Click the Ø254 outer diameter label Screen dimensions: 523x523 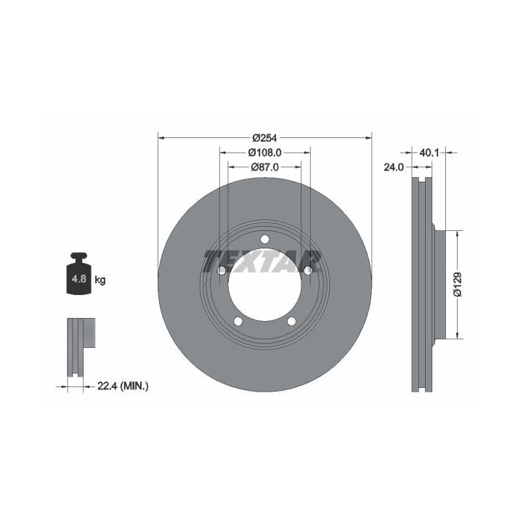(265, 137)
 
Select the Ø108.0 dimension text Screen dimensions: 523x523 (265, 153)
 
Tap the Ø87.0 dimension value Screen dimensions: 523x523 (265, 167)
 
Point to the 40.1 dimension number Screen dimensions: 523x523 (429, 153)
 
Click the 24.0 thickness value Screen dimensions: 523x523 (394, 167)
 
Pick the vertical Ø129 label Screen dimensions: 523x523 (458, 284)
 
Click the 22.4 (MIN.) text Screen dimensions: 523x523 (123, 386)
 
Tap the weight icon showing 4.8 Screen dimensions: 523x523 (78, 274)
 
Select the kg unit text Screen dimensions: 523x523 (100, 280)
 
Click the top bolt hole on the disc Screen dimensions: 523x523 (265, 239)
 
